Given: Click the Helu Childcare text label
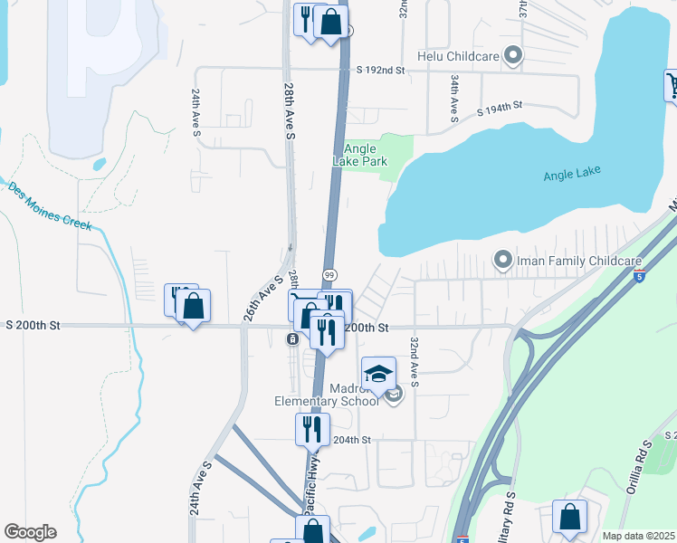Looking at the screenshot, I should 459,56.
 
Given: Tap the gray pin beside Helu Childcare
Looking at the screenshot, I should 513,56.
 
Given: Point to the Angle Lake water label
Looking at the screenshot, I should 572,174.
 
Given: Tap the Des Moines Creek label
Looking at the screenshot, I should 50,206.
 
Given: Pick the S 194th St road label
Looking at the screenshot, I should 500,107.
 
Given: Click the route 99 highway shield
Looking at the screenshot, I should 330,274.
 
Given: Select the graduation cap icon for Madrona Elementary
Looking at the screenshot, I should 379,374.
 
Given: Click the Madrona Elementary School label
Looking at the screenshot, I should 327,395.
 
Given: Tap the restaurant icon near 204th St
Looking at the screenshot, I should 312,429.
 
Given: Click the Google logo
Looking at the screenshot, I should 30,532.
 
